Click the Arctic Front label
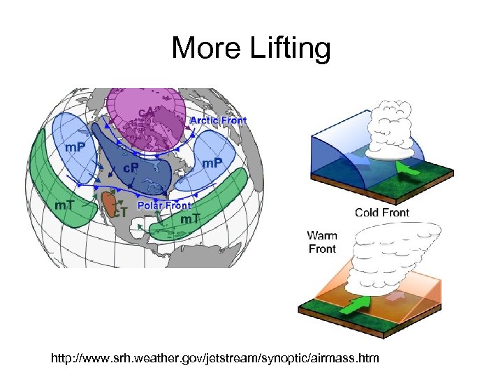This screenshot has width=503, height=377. [219, 120]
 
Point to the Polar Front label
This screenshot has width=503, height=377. [164, 205]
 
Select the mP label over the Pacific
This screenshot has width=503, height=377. [76, 148]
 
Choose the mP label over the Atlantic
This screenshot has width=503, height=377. [212, 163]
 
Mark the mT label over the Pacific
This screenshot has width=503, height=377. [67, 205]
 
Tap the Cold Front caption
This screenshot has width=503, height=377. [382, 212]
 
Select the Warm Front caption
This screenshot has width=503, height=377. [322, 242]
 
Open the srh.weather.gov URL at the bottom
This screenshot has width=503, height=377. [215, 359]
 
